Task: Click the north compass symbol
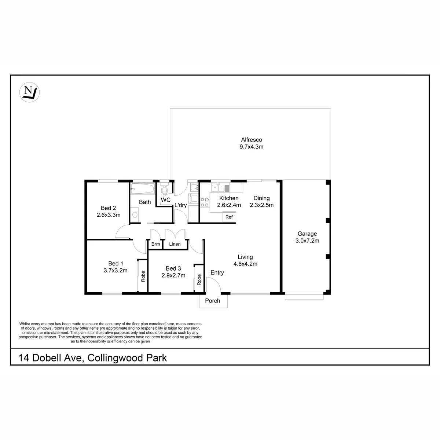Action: [x=29, y=92]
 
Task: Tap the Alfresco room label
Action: [x=252, y=139]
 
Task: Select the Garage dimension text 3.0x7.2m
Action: [x=307, y=241]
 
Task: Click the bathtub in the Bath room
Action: [x=142, y=189]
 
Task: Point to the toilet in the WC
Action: [x=164, y=188]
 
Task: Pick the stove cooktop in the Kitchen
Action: [x=205, y=202]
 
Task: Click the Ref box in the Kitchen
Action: [x=229, y=217]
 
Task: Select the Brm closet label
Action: [x=155, y=244]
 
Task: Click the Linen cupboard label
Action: [x=175, y=244]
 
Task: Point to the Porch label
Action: [x=213, y=301]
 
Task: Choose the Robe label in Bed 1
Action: [x=143, y=276]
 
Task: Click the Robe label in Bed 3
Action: [x=199, y=280]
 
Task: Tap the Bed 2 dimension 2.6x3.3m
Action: [x=109, y=215]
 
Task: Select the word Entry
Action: [x=217, y=273]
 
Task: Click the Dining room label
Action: [x=261, y=198]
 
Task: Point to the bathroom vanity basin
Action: [x=135, y=214]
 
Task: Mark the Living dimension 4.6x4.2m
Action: [x=245, y=264]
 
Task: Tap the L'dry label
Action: [x=181, y=205]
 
